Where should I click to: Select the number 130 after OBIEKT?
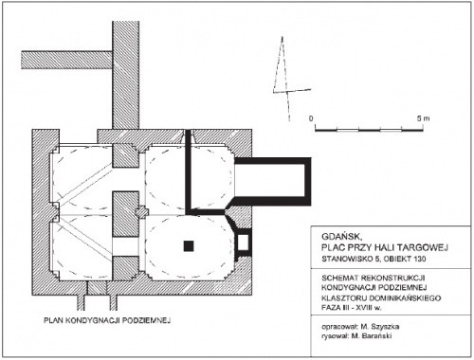click(419, 259)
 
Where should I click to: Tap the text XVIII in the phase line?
click(366, 308)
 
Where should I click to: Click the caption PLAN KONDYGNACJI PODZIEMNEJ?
click(107, 320)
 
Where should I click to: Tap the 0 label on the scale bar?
click(311, 118)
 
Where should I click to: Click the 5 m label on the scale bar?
click(423, 118)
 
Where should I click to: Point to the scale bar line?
click(369, 130)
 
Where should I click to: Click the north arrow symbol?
click(286, 79)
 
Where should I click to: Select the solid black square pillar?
click(189, 246)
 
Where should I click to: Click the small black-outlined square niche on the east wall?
click(243, 243)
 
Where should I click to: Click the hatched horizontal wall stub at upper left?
click(66, 60)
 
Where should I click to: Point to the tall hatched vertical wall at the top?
click(125, 76)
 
